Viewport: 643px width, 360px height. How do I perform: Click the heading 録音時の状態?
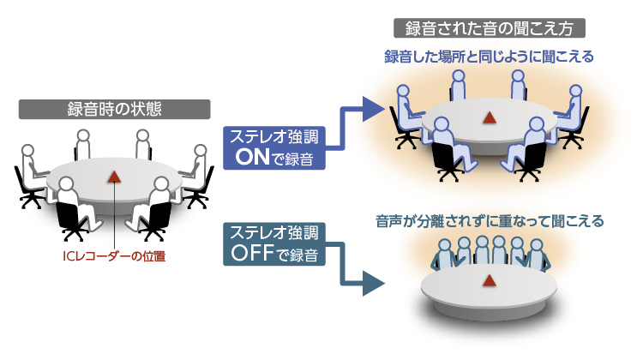point(114,109)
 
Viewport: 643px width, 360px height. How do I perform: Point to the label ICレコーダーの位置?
point(115,255)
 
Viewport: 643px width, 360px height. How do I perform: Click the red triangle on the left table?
point(114,176)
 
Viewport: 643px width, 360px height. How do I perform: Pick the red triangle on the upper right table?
point(490,117)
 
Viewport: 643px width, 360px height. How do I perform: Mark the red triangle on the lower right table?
point(490,279)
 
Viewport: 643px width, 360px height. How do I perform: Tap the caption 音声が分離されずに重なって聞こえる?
point(490,220)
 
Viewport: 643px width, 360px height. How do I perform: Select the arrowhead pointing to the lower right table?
point(372,283)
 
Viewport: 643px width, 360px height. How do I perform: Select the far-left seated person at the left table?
point(31,167)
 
